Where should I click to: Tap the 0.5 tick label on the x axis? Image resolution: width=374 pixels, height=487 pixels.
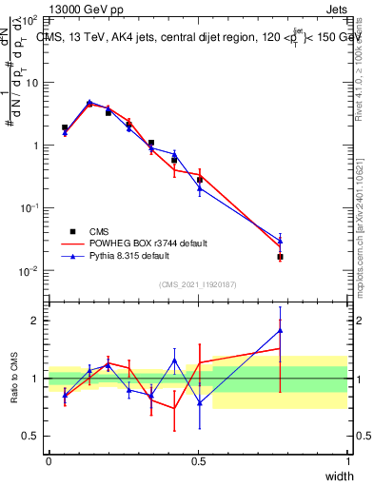point(199,461)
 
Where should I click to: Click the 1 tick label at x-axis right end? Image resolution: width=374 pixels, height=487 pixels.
point(348,461)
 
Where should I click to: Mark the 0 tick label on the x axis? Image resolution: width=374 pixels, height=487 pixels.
point(49,461)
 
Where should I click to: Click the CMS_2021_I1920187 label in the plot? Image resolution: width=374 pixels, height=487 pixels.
point(198,284)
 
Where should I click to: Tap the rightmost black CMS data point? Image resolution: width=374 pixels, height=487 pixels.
point(280,257)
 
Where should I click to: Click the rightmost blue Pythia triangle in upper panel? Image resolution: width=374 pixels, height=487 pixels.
point(280,241)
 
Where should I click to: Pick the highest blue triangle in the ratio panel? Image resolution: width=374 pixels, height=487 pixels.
point(280,330)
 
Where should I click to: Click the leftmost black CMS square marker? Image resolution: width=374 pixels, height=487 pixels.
point(65,127)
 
